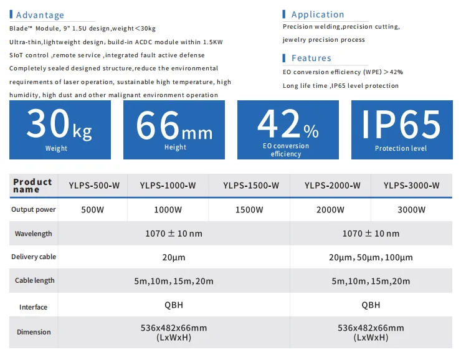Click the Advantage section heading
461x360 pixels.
pyautogui.click(x=40, y=15)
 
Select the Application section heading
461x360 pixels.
pyautogui.click(x=317, y=14)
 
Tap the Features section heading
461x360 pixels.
pyautogui.click(x=311, y=58)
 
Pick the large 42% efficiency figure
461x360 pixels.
pyautogui.click(x=288, y=124)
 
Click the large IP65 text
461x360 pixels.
pyautogui.click(x=401, y=125)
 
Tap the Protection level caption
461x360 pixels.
pyautogui.click(x=401, y=148)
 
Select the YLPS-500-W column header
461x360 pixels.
pyautogui.click(x=93, y=185)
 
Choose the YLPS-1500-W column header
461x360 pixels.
pyautogui.click(x=250, y=185)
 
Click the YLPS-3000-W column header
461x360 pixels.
pyautogui.click(x=411, y=185)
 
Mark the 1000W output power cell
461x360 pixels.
pyautogui.click(x=168, y=210)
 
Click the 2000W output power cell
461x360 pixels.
pyautogui.click(x=330, y=210)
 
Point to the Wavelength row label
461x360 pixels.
pyautogui.click(x=34, y=234)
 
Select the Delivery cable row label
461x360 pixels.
pyautogui.click(x=34, y=257)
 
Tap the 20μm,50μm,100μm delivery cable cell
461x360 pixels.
pyautogui.click(x=371, y=257)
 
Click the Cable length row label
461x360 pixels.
pyautogui.click(x=34, y=280)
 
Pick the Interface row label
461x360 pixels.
pyautogui.click(x=34, y=307)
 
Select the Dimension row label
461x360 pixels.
pyautogui.click(x=34, y=332)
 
